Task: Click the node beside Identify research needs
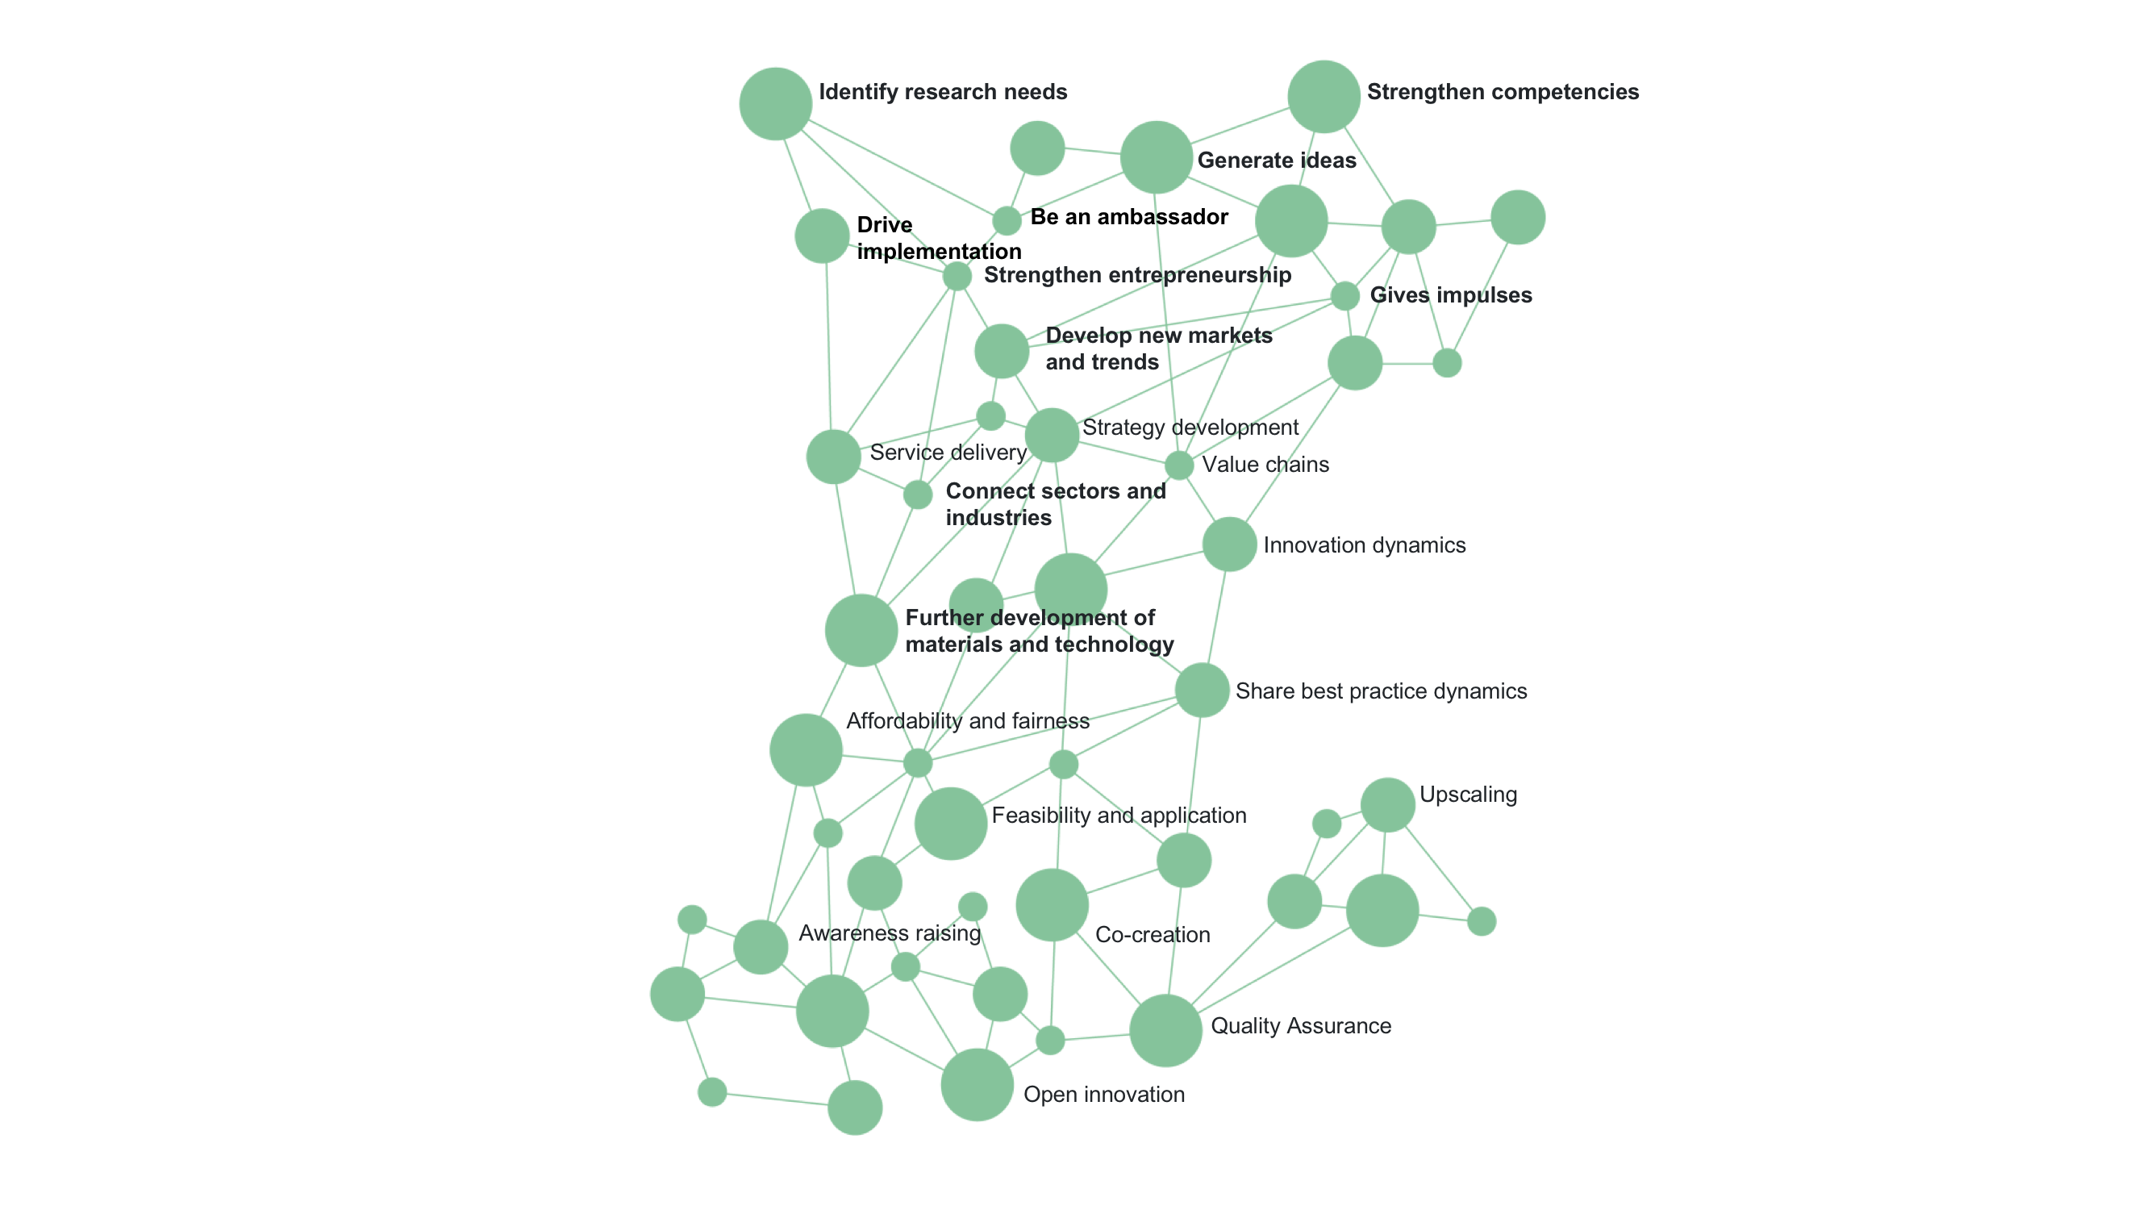point(775,103)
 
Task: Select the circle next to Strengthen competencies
point(1324,97)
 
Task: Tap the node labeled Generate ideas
point(1156,157)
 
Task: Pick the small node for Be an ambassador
point(1007,221)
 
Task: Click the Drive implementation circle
point(822,236)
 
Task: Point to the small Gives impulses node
point(1344,295)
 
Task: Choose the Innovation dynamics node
point(1229,544)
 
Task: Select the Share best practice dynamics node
point(1202,691)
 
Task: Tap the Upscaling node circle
point(1387,805)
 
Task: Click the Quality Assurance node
point(1165,1030)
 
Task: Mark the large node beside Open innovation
point(977,1085)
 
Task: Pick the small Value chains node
point(1178,465)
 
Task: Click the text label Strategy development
point(1190,428)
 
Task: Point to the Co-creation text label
point(1153,934)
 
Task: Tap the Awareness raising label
point(890,933)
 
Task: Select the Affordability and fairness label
point(968,720)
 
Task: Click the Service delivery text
point(948,453)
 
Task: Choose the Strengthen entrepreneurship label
point(1137,276)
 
